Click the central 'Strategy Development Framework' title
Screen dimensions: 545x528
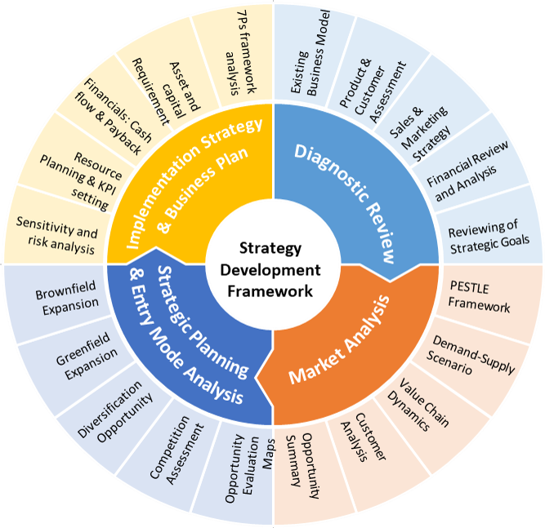click(270, 270)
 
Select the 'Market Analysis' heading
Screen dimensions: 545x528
click(339, 339)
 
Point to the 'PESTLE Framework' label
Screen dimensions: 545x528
click(479, 297)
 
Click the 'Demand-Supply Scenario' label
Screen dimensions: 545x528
click(471, 356)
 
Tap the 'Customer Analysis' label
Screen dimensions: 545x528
click(364, 437)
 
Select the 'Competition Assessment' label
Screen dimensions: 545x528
click(176, 450)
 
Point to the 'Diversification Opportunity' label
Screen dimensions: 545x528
click(115, 411)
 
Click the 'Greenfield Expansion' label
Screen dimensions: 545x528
click(87, 356)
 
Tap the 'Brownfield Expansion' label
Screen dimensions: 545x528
click(67, 298)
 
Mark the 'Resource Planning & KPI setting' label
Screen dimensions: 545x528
click(82, 180)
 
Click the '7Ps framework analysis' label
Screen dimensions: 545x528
click(241, 53)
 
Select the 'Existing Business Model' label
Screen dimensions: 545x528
click(310, 53)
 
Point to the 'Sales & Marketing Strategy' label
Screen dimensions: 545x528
click(419, 133)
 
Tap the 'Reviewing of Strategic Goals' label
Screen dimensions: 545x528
click(489, 237)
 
